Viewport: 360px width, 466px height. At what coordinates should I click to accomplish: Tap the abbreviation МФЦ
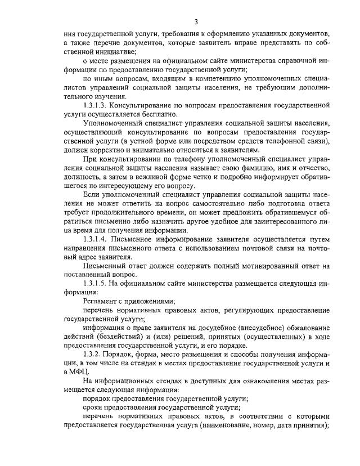(x=79, y=372)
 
